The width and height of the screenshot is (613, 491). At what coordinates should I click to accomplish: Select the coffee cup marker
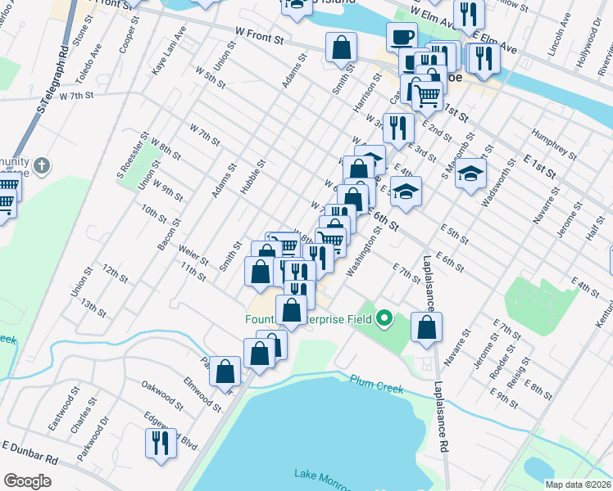coord(402,38)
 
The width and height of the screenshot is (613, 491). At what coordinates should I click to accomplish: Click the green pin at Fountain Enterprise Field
coord(383,318)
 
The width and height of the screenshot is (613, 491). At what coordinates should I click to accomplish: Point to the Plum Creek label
coord(376,384)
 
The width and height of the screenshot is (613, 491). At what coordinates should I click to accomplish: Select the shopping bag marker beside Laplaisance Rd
coord(426,327)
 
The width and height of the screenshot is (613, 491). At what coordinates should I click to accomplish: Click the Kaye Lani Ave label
coord(169,51)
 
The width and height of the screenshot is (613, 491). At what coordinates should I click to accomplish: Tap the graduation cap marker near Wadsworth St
coord(470,173)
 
